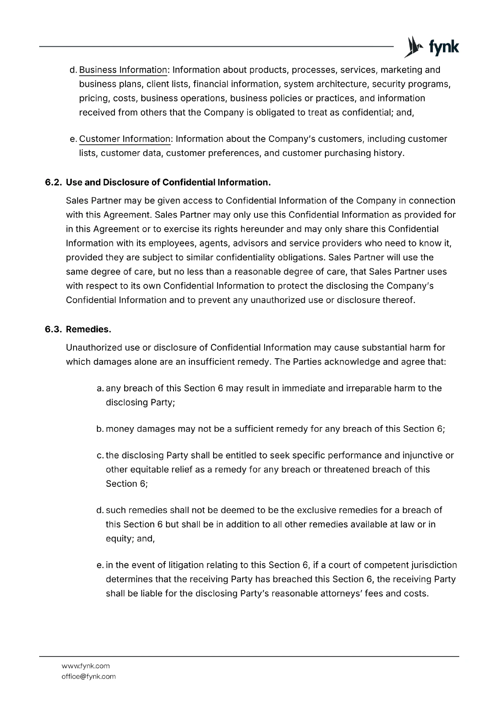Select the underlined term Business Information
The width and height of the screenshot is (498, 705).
(123, 70)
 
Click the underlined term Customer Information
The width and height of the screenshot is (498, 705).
(125, 139)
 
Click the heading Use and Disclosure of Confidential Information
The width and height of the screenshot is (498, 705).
(168, 182)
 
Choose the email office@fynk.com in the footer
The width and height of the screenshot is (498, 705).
(89, 676)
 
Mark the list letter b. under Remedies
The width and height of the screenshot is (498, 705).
(100, 429)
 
